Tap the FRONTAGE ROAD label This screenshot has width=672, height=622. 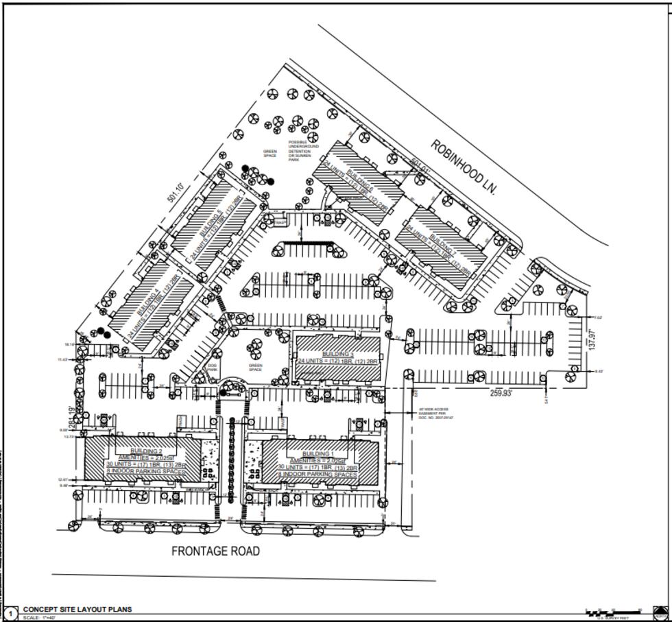click(215, 551)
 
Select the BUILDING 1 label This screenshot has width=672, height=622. click(317, 454)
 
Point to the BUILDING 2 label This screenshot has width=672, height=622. click(146, 451)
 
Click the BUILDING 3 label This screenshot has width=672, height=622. click(339, 354)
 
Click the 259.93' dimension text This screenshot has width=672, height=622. click(501, 394)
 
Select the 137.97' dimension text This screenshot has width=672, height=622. click(593, 339)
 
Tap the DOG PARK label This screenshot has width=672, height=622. click(213, 368)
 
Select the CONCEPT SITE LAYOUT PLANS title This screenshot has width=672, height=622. click(77, 609)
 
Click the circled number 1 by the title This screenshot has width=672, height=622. click(10, 613)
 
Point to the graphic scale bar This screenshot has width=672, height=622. click(612, 611)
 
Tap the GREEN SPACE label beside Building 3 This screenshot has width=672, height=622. click(256, 368)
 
